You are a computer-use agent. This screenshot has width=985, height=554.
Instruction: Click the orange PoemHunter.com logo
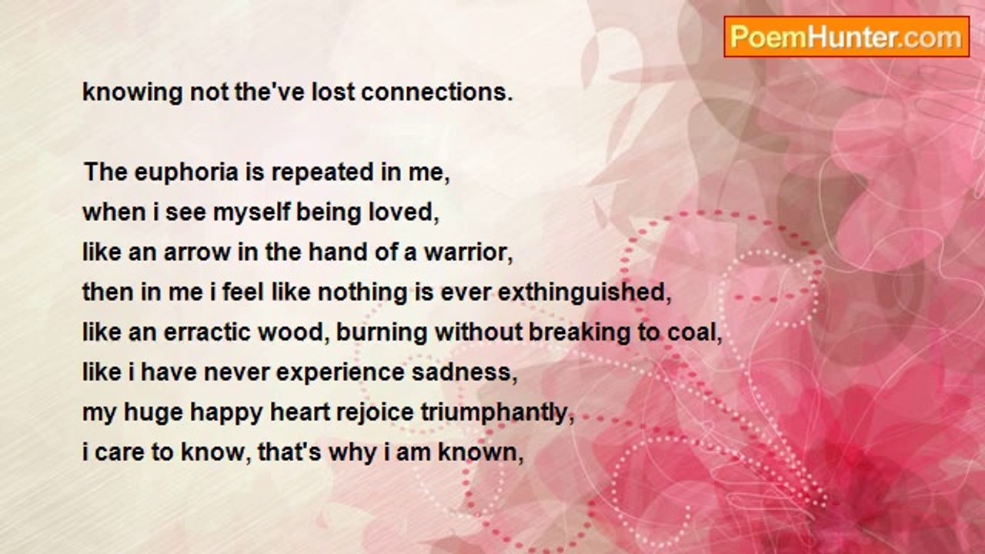click(x=846, y=37)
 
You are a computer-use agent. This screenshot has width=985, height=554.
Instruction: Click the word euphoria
click(x=186, y=173)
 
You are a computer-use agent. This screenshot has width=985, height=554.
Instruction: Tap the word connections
click(x=437, y=92)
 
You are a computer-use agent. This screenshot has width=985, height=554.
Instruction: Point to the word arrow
click(x=198, y=253)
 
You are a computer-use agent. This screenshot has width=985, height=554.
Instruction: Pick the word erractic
click(x=207, y=332)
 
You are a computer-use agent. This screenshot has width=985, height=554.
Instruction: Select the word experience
click(x=340, y=373)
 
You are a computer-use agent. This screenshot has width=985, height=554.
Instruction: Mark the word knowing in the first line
click(x=132, y=93)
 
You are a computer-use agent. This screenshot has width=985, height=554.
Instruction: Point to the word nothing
click(x=362, y=293)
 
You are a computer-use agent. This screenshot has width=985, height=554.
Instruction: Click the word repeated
click(x=322, y=173)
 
